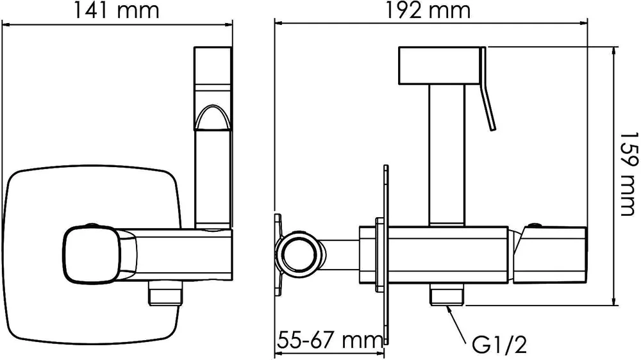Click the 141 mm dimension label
click(116, 10)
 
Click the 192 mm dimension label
click(428, 10)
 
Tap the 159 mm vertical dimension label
click(629, 174)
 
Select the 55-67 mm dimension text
click(330, 340)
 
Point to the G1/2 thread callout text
click(499, 345)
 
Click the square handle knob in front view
click(92, 254)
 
